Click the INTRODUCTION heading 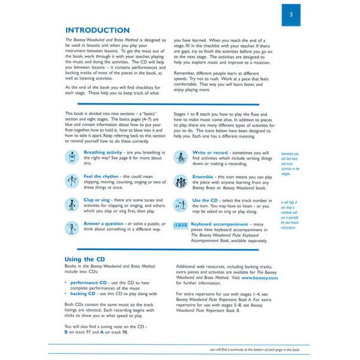tap(97, 30)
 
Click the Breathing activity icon tap(72, 157)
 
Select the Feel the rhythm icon tap(72, 181)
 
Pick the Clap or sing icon tap(72, 203)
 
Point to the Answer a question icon tap(72, 227)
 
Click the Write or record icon tap(181, 157)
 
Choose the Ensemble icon tap(181, 181)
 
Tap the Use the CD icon tap(181, 203)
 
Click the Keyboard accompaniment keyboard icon tap(181, 226)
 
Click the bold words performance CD tap(89, 281)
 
